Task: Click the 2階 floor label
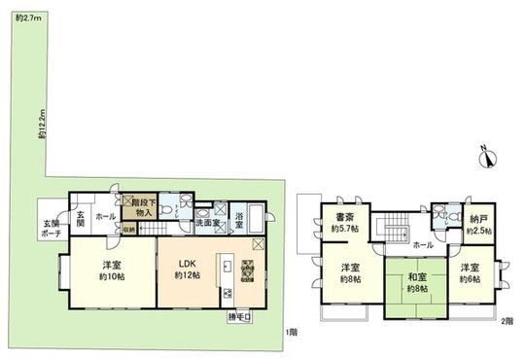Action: [x=507, y=322]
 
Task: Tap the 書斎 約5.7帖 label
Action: [x=345, y=223]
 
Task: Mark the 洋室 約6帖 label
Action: [x=472, y=272]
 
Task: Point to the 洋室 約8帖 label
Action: [x=350, y=272]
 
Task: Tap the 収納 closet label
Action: [x=128, y=229]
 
